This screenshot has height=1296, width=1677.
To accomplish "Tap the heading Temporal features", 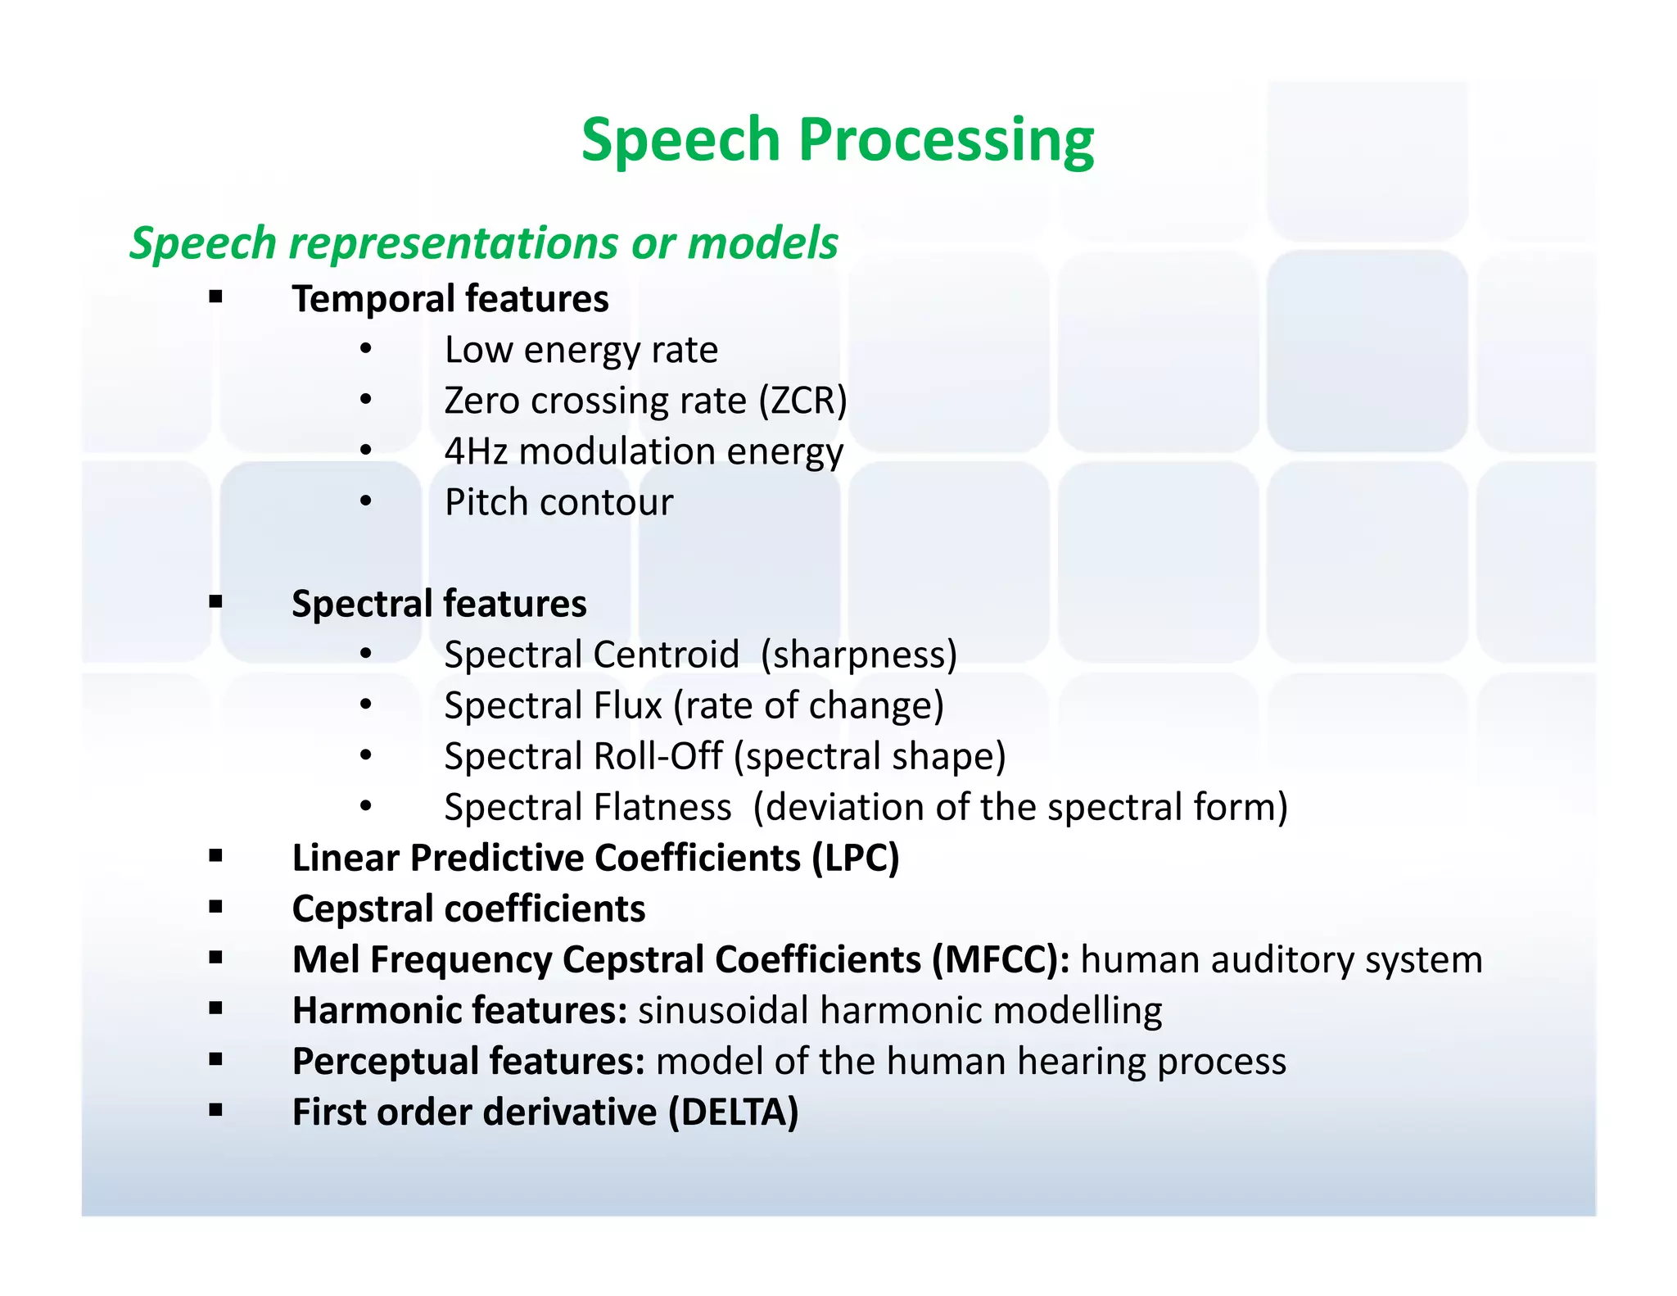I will click(x=450, y=299).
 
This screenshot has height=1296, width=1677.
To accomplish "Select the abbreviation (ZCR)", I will click(x=802, y=401).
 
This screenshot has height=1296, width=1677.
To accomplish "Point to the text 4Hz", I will click(x=476, y=452).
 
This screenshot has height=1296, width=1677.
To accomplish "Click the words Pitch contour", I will click(x=558, y=503).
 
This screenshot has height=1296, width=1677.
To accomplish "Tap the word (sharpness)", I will click(x=858, y=655).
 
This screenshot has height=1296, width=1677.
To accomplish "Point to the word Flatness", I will click(x=662, y=808).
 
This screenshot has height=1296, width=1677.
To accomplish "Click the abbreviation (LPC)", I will click(x=855, y=859).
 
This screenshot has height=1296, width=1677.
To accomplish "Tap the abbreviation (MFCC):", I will click(x=1000, y=960).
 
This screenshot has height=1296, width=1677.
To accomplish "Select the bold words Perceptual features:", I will click(x=468, y=1062).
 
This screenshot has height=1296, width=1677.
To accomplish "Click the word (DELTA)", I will click(x=733, y=1112).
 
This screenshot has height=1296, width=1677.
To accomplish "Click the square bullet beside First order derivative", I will click(x=215, y=1112).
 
